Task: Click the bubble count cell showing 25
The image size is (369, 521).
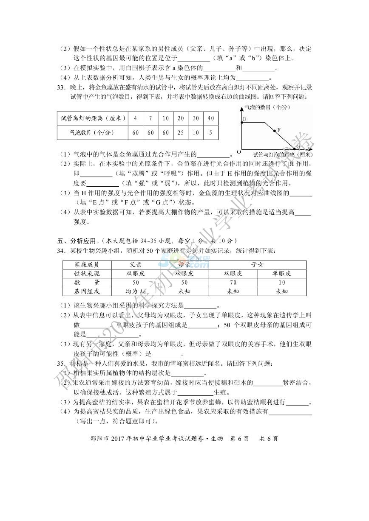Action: point(180,133)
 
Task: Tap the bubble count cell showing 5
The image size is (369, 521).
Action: point(211,133)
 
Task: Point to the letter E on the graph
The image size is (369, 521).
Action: point(244,120)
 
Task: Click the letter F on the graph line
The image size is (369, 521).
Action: point(279,130)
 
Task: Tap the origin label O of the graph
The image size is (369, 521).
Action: point(239,151)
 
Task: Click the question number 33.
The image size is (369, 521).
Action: point(61,87)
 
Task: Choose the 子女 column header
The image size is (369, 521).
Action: point(258,264)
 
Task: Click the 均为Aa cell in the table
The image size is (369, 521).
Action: point(136,291)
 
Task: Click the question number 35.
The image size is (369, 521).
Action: point(61,364)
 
